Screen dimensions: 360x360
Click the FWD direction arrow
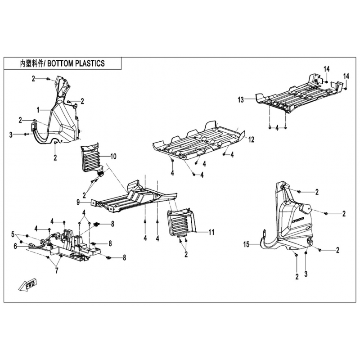point(28,285)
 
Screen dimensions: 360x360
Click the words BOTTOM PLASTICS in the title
point(76,63)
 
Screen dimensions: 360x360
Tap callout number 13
point(241,100)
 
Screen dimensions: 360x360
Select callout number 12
point(252,139)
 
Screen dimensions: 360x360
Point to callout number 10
point(113,157)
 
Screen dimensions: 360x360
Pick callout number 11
point(211,232)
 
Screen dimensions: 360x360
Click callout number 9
point(78,202)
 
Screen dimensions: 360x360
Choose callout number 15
point(246,244)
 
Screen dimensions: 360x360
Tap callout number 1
point(38,110)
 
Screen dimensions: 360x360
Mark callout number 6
point(15,246)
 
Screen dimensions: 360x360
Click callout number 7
point(57,271)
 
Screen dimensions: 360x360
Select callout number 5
point(13,234)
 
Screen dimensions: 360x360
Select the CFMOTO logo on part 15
point(298,220)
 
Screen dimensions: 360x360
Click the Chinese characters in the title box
point(31,63)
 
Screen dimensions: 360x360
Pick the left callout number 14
point(327,69)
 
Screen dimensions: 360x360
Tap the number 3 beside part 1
point(10,135)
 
